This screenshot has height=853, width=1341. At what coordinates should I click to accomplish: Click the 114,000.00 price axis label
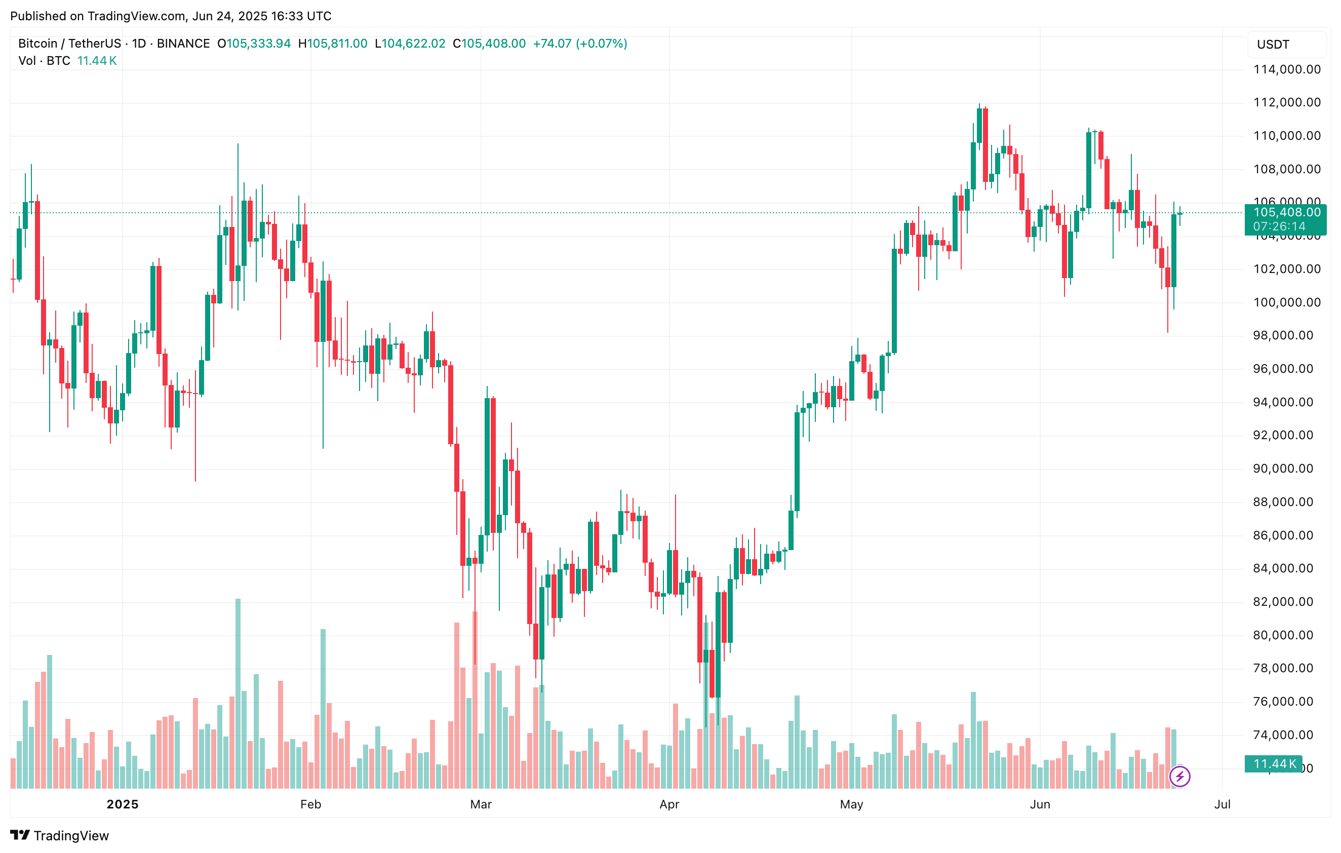click(x=1286, y=69)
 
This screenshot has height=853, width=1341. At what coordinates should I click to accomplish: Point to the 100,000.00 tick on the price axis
click(x=1286, y=302)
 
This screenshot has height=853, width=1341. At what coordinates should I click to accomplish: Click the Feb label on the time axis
click(x=311, y=804)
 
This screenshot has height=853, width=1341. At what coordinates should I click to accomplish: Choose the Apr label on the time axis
click(x=669, y=804)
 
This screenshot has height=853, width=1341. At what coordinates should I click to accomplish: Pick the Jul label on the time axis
click(x=1222, y=804)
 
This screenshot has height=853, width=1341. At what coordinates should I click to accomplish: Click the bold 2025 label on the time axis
click(x=123, y=804)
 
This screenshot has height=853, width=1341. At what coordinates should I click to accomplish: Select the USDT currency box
click(x=1286, y=45)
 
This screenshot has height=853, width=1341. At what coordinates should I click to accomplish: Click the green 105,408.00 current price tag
click(x=1286, y=212)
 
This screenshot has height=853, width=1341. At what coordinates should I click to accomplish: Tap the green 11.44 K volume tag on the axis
click(x=1274, y=764)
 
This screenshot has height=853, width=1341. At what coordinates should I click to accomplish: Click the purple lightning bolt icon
click(x=1179, y=776)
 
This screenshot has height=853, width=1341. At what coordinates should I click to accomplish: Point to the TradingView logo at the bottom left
click(x=60, y=836)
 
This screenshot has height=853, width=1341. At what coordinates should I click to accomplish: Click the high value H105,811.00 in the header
click(x=333, y=44)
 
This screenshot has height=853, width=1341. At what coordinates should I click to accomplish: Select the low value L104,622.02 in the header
click(x=410, y=44)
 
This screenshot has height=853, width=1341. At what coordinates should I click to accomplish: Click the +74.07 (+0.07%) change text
click(x=580, y=44)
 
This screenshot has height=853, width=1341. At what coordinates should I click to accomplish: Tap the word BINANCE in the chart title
click(x=183, y=44)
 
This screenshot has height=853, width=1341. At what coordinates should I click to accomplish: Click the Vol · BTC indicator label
click(x=45, y=61)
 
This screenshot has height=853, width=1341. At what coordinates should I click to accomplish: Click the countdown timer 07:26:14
click(x=1279, y=226)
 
